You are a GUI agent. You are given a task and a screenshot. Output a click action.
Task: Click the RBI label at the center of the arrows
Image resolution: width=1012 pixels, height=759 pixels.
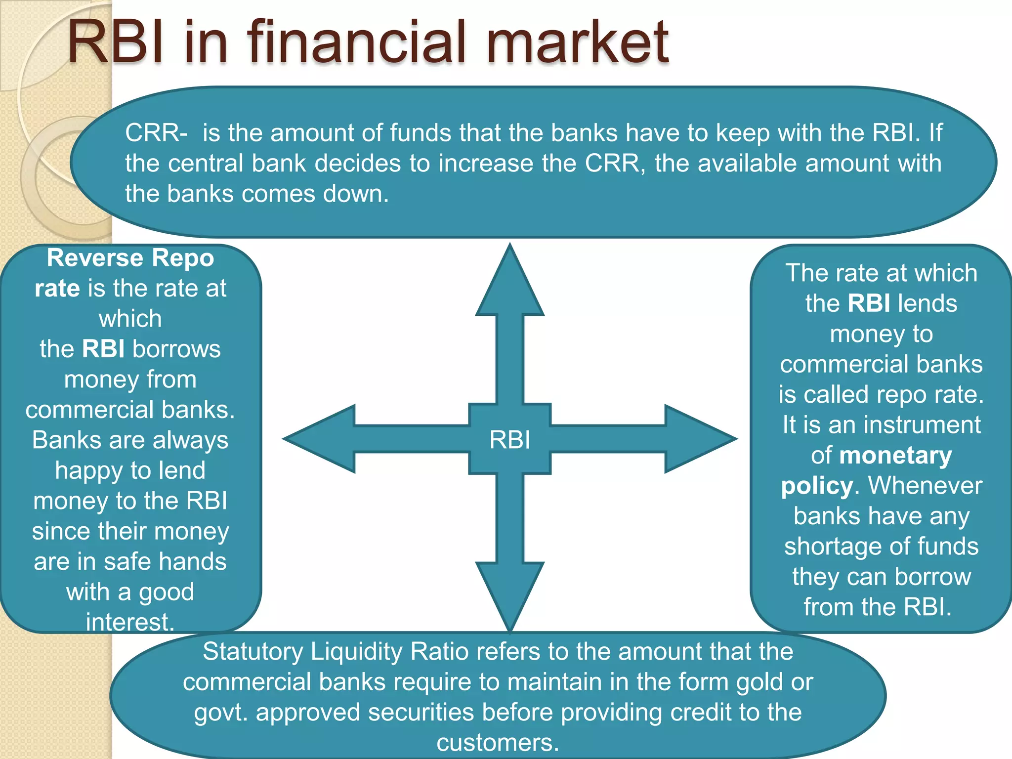click(x=509, y=439)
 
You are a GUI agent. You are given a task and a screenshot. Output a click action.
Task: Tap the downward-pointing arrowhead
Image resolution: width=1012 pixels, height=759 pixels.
click(x=510, y=593)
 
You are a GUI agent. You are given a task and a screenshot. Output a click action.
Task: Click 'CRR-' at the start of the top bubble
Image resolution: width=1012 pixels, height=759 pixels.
click(x=156, y=133)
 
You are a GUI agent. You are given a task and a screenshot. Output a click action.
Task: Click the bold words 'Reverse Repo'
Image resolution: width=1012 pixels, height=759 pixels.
click(x=130, y=258)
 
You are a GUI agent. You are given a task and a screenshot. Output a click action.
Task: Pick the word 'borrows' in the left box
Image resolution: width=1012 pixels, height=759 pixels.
click(x=176, y=349)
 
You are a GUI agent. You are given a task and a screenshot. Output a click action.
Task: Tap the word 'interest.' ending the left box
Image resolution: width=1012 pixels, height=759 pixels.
click(x=130, y=622)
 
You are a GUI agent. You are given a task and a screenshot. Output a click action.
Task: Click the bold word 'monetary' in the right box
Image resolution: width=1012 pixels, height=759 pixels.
click(x=895, y=456)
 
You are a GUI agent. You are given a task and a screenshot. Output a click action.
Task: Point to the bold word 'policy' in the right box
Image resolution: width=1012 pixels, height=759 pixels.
click(x=817, y=486)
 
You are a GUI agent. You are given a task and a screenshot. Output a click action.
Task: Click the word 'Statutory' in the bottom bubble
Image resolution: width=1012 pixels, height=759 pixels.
click(x=253, y=651)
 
